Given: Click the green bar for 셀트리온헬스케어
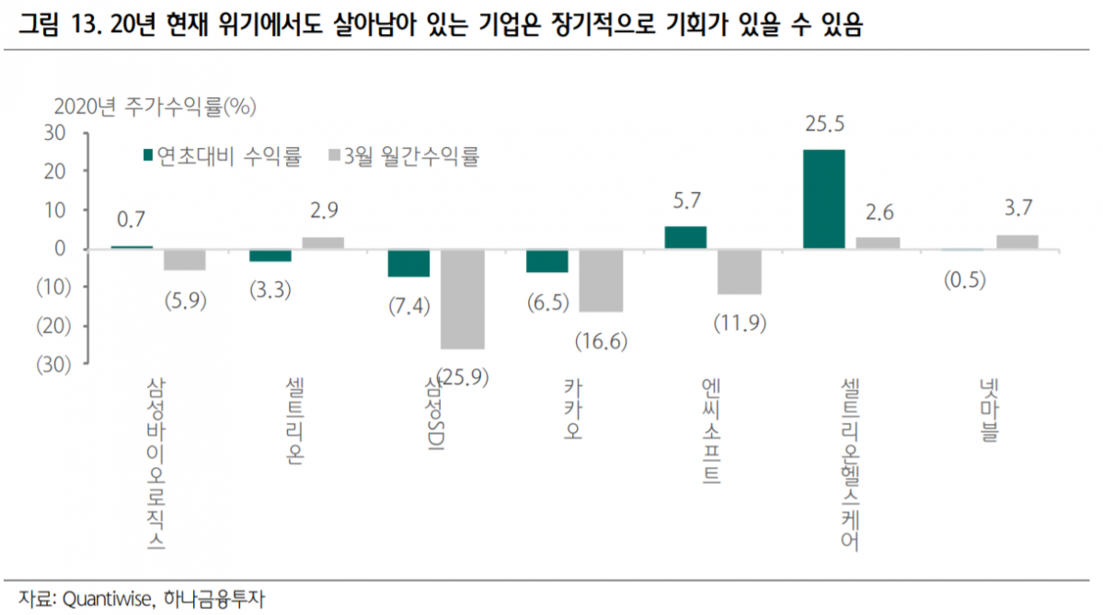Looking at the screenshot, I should (823, 199).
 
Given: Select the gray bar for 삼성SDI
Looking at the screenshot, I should (462, 299).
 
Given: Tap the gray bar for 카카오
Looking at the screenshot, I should (601, 280).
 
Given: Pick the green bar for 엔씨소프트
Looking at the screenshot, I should (685, 237).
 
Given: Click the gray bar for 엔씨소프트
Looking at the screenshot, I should (740, 271).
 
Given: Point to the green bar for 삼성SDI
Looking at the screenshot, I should (408, 263).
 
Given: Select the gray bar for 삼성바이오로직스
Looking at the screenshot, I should (184, 259).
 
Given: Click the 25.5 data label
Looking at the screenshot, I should (823, 123).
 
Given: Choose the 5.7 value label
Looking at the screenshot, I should (685, 200).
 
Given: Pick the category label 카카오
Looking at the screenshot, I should (573, 410).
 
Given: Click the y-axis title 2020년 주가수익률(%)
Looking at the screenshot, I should (155, 106).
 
